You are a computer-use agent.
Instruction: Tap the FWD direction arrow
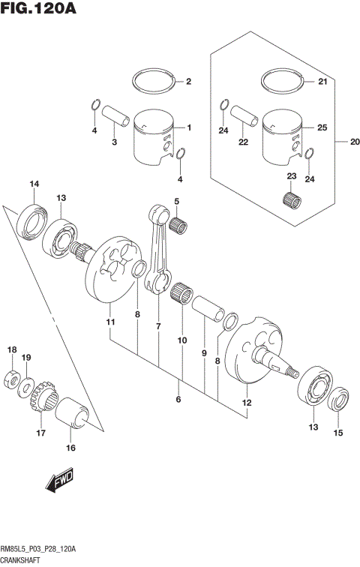coord(58,484)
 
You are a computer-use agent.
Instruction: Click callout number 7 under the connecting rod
coord(158,326)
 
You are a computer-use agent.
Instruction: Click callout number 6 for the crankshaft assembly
coord(178,400)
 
